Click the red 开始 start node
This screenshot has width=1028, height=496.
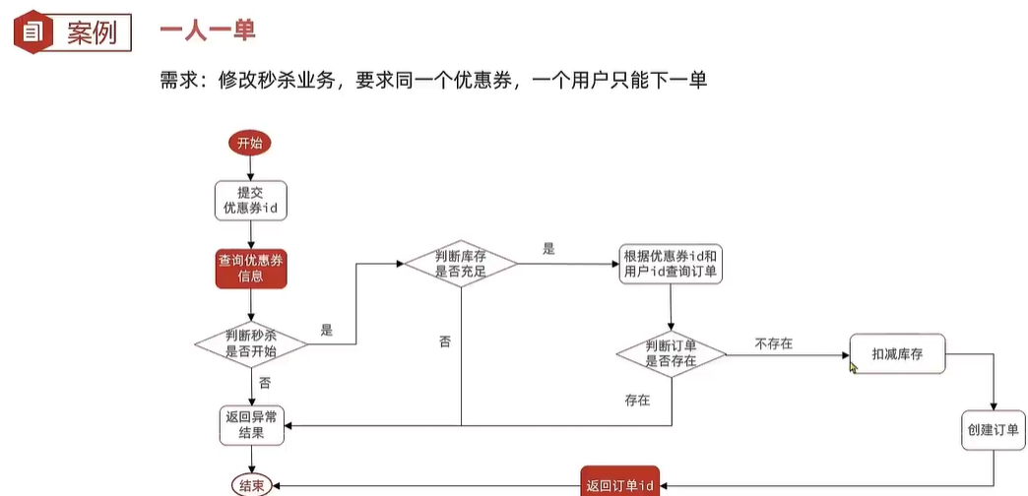click(249, 144)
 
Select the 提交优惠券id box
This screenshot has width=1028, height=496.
click(250, 200)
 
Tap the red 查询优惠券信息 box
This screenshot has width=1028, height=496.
click(251, 268)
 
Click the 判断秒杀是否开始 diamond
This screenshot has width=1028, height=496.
click(250, 343)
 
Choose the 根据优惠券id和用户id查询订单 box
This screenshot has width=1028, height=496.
click(671, 264)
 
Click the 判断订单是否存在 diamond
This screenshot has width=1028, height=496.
click(671, 353)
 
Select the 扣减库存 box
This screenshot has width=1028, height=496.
click(896, 353)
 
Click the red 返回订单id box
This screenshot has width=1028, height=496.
click(620, 484)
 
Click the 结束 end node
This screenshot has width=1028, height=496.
click(251, 484)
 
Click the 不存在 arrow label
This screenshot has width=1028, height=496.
click(774, 343)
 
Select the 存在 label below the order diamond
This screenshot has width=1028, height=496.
click(637, 401)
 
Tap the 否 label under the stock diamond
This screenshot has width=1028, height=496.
click(445, 341)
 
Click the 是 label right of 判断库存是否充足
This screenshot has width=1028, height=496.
click(548, 250)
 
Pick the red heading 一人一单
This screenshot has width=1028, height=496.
click(208, 31)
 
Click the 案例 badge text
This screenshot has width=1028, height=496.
click(92, 32)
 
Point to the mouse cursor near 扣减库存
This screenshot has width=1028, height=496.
click(854, 366)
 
